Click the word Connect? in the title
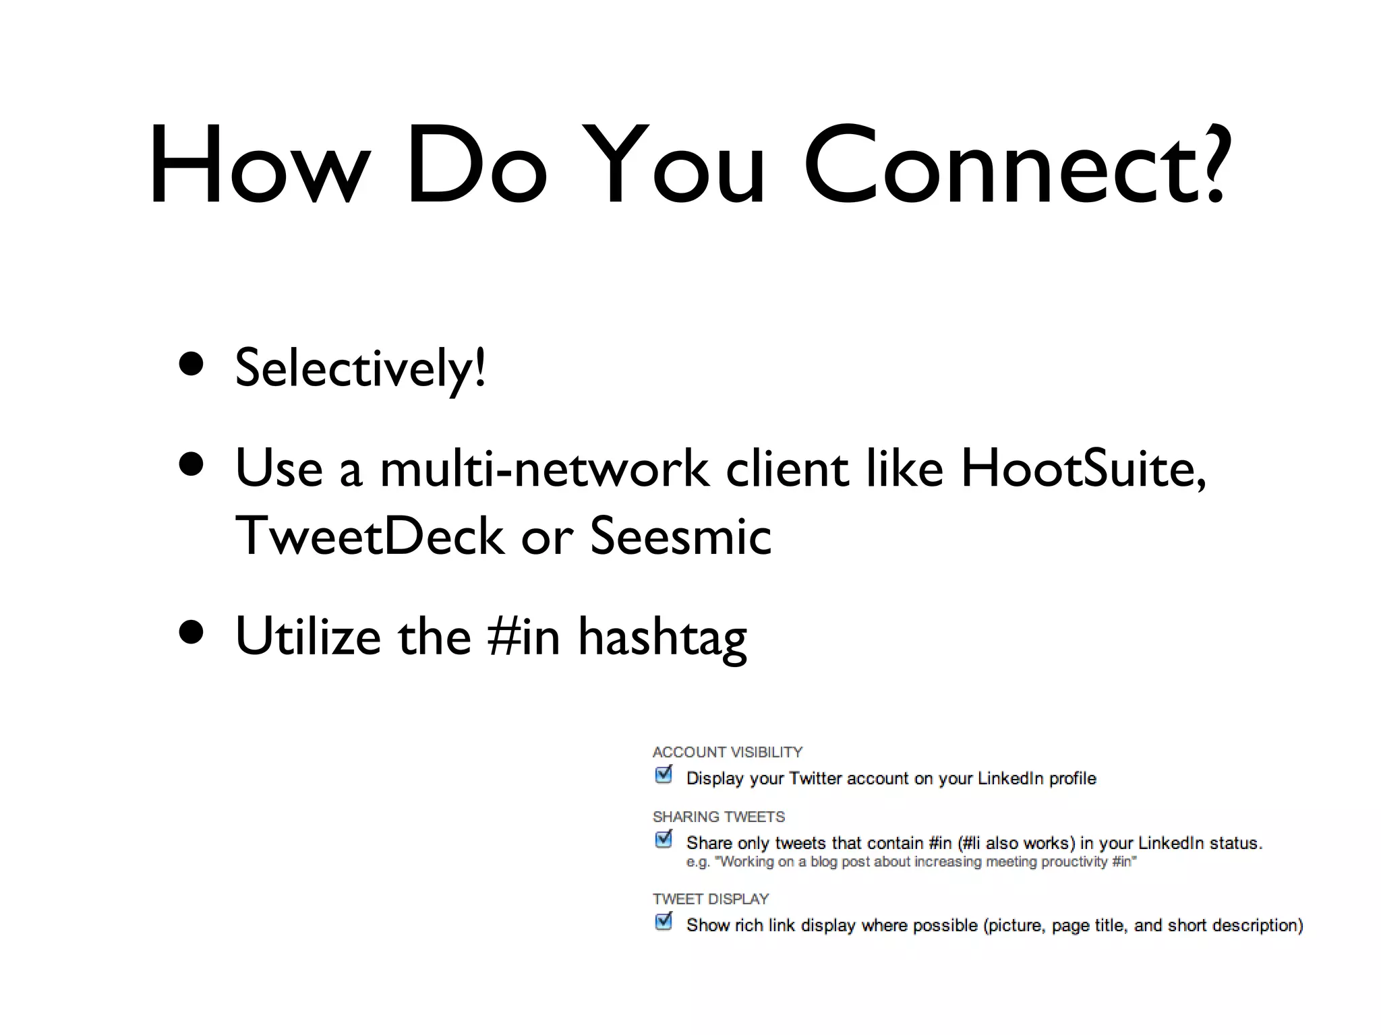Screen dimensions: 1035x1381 (1015, 165)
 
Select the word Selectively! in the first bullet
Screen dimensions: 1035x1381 (360, 369)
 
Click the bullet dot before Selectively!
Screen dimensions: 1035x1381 (192, 365)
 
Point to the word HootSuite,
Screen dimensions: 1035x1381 (1083, 468)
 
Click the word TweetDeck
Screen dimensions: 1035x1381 (370, 536)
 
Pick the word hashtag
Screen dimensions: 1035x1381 (662, 637)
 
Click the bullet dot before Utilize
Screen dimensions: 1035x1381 (192, 633)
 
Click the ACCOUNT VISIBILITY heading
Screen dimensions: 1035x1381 (728, 752)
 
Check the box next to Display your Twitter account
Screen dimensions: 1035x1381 (664, 775)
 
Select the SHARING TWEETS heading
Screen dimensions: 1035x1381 (719, 817)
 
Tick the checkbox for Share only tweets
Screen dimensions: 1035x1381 (664, 840)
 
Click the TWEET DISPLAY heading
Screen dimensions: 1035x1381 (711, 899)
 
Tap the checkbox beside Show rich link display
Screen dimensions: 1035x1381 (664, 921)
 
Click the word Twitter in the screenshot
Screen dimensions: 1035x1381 (815, 778)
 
